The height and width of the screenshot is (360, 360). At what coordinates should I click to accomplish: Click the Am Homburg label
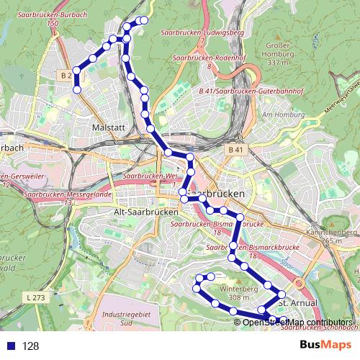pyautogui.click(x=281, y=114)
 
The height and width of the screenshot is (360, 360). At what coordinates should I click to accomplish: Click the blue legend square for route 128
pyautogui.click(x=9, y=346)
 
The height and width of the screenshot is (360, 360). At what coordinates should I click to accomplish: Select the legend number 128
pyautogui.click(x=30, y=346)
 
